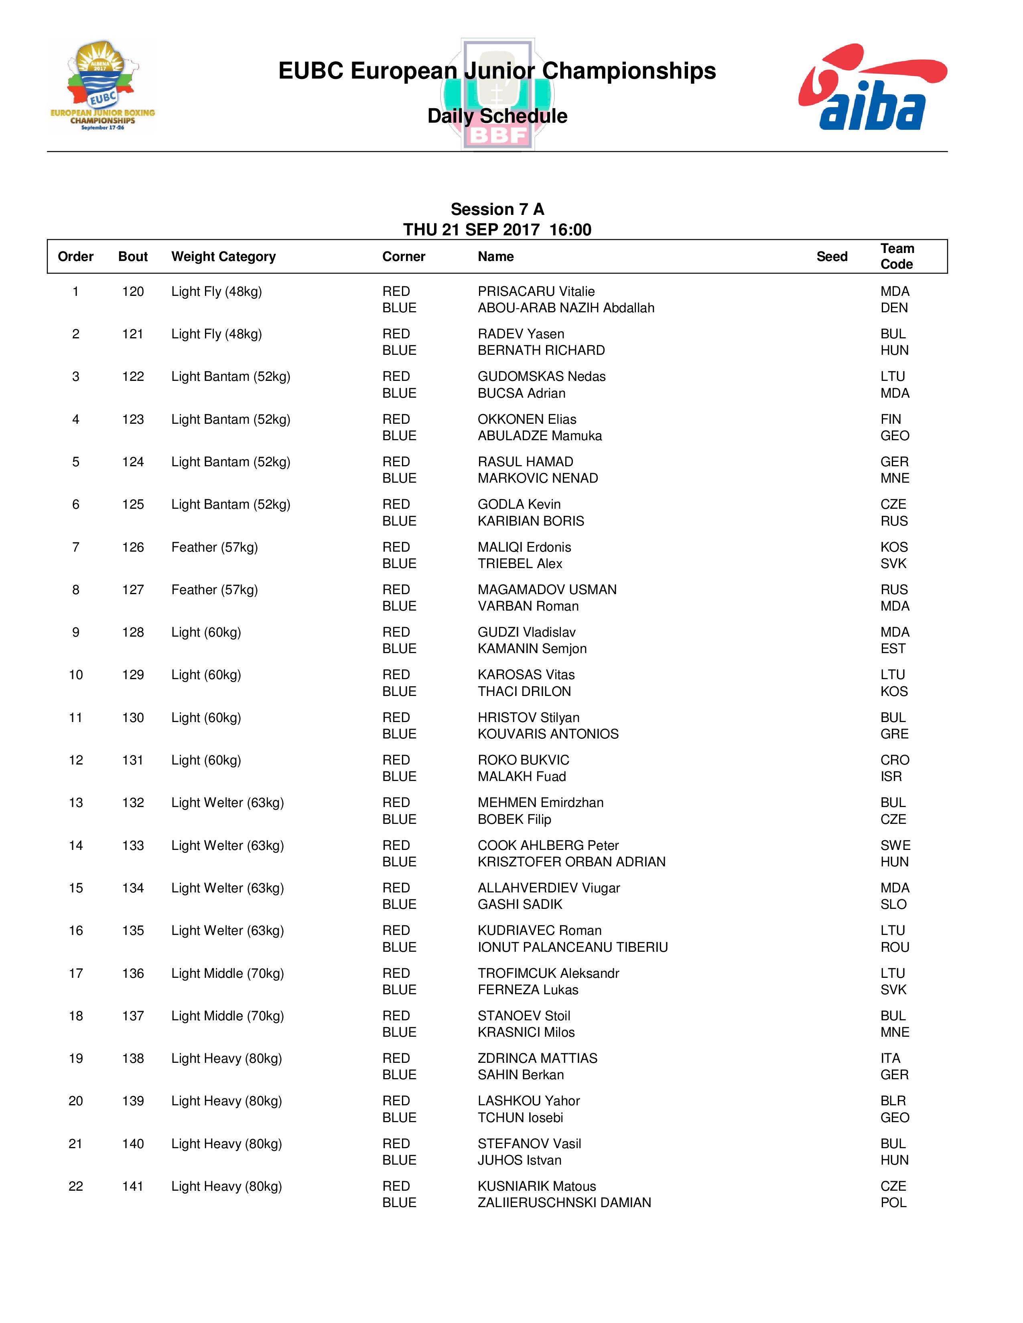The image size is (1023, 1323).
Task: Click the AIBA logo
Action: tap(872, 87)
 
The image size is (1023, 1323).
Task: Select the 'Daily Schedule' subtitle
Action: tap(497, 116)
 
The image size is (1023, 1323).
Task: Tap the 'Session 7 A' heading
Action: tap(497, 210)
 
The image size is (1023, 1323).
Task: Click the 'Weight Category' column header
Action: tap(223, 257)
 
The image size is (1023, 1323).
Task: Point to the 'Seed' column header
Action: tap(832, 257)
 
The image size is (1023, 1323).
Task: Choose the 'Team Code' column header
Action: tap(897, 256)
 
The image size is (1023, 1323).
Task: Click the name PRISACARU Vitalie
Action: tap(536, 291)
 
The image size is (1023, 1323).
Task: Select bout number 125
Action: tap(133, 505)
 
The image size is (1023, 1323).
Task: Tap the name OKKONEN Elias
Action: tap(527, 419)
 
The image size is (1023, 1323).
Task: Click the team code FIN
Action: tap(890, 419)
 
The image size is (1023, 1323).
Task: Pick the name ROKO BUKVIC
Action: tap(523, 760)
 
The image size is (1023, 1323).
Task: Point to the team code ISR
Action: tap(891, 777)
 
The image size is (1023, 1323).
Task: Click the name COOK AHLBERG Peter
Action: tap(548, 846)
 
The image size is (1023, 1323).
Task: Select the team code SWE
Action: tap(895, 846)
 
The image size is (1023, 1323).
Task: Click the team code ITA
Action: tap(890, 1058)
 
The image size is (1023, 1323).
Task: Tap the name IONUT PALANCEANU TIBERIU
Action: tap(572, 947)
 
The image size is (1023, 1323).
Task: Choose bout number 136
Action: tap(133, 973)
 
